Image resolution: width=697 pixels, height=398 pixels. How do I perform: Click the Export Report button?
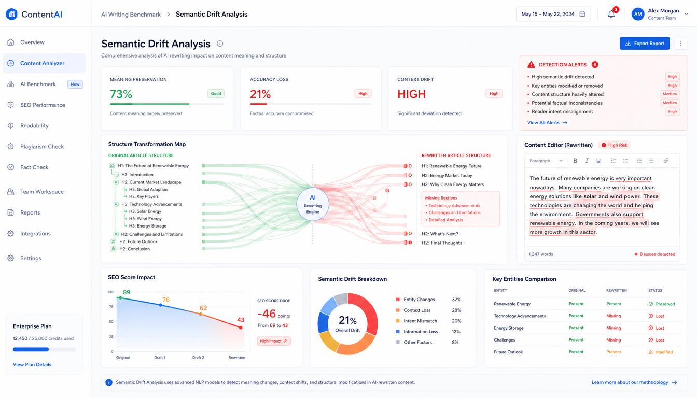point(645,44)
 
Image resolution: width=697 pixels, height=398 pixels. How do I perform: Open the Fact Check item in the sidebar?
point(34,167)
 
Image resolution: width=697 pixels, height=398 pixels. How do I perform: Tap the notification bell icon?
point(611,15)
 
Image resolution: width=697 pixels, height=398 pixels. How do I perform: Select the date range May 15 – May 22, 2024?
point(553,15)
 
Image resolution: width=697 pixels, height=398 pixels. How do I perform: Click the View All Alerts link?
point(547,123)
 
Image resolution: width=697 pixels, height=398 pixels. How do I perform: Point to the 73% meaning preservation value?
point(121,94)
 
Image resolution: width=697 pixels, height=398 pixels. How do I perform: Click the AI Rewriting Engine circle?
point(313,205)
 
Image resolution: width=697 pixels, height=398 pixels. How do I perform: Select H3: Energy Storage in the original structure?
point(147,226)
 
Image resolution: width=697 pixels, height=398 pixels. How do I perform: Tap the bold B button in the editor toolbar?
point(575,161)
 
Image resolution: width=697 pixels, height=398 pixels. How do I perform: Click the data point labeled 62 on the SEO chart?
point(201,314)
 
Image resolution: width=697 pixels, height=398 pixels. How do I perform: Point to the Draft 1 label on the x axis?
point(160,358)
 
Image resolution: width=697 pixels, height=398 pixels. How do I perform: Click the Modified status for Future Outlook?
point(661,352)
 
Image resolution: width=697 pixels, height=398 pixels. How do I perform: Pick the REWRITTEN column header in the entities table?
point(617,290)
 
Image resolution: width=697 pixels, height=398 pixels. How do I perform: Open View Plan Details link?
point(32,365)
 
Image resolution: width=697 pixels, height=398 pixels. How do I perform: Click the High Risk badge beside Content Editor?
point(614,145)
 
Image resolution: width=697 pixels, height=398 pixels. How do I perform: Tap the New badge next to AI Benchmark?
point(75,84)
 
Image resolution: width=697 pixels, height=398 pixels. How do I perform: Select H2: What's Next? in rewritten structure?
point(440,234)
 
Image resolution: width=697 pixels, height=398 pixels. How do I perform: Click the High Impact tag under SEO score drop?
point(273,341)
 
